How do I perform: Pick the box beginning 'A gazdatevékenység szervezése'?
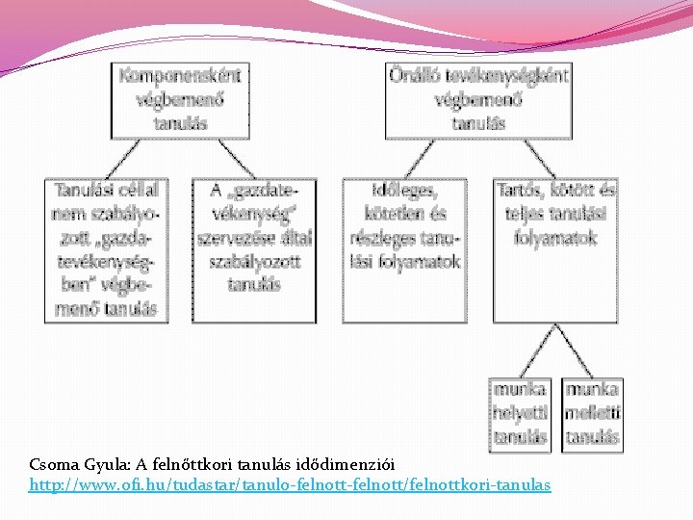point(255,249)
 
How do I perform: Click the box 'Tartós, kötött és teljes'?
point(556,249)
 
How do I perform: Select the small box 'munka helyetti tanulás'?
point(521,414)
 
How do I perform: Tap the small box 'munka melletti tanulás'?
point(592,414)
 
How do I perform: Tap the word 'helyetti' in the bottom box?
point(521,413)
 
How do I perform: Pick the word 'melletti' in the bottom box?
point(592,413)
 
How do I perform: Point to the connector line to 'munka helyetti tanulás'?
point(539,349)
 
